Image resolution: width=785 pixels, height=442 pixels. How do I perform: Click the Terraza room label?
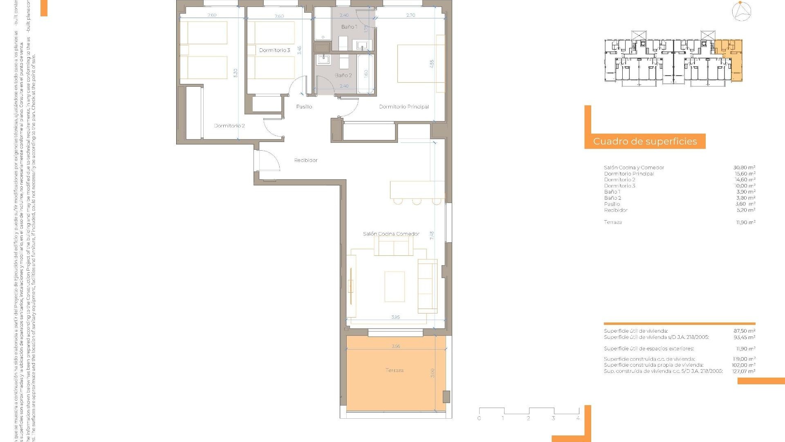coord(394,370)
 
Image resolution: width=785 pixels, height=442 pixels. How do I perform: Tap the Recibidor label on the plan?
coord(306,160)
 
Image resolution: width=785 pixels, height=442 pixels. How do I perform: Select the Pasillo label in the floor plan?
coord(304,107)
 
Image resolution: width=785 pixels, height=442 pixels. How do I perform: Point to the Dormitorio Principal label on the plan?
coord(404,107)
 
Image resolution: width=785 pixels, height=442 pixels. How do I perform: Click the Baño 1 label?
coord(349,27)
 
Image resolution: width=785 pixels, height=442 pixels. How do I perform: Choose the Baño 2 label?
coord(343,75)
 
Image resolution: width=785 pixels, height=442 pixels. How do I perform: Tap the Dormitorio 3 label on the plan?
coord(274,50)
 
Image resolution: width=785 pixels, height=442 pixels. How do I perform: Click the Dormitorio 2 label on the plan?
coord(229,126)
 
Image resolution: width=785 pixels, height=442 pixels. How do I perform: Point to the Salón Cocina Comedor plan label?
coord(391,234)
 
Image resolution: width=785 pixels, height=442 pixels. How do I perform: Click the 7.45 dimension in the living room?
coord(432,235)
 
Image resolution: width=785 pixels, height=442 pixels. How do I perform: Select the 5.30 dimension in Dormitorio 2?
coord(235,73)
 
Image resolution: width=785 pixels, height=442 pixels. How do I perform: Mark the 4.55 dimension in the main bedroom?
coord(432,64)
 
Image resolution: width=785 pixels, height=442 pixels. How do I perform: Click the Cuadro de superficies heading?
coord(645,142)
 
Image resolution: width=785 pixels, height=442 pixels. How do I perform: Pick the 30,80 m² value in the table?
coord(744,167)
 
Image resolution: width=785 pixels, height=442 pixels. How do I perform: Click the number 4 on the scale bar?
coord(578,418)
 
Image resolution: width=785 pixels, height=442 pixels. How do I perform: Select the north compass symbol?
coord(741,11)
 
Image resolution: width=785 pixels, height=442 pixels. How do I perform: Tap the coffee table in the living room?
coord(395,286)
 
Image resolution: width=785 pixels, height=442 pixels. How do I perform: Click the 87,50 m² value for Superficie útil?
coord(744,331)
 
